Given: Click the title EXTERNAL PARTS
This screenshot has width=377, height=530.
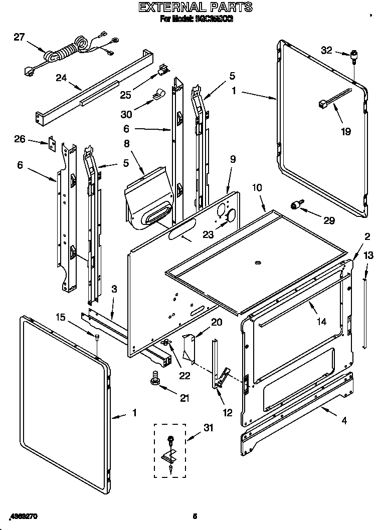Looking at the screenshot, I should click(195, 7).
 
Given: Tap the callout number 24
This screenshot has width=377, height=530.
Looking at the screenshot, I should click(61, 78).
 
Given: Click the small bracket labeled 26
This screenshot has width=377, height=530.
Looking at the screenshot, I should click(51, 143).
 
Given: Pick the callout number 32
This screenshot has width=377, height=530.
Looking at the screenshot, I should click(326, 50).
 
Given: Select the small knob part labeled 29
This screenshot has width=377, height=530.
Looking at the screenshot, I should click(297, 204).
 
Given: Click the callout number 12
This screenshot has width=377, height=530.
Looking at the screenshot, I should click(228, 413).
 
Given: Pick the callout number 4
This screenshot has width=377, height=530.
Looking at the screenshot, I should click(344, 421).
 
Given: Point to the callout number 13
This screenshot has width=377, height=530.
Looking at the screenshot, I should click(368, 255).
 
